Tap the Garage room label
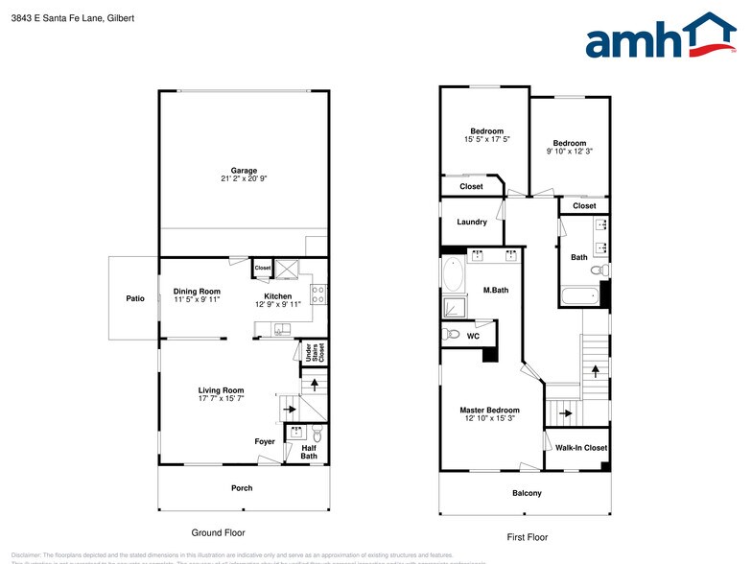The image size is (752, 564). click(244, 171)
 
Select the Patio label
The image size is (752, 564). click(135, 299)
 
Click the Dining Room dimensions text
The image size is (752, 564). click(197, 300)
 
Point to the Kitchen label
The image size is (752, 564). click(278, 295)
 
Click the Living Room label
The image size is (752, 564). click(221, 390)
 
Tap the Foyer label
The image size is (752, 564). click(265, 442)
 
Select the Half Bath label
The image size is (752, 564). click(309, 452)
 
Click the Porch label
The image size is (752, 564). click(242, 488)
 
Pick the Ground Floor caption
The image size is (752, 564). click(219, 532)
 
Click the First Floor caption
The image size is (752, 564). click(528, 537)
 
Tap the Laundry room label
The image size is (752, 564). click(472, 222)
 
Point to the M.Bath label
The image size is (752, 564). click(495, 290)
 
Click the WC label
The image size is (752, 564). click(473, 336)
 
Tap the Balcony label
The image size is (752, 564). click(526, 493)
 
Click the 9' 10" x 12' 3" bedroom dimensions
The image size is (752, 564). click(570, 152)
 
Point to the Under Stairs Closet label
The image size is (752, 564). click(308, 352)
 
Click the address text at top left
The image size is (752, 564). click(67, 16)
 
